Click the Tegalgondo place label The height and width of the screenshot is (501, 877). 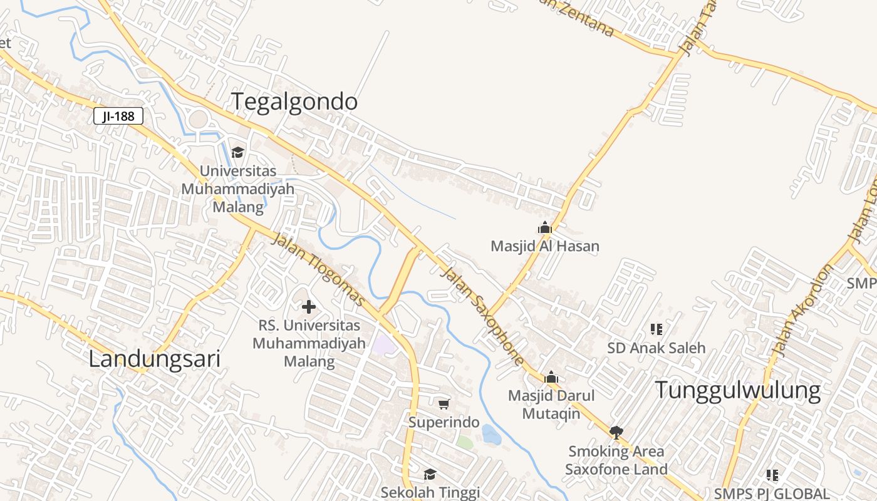295,101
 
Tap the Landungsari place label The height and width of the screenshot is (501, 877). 154,359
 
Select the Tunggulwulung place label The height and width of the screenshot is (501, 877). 737,390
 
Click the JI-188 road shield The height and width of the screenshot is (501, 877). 118,116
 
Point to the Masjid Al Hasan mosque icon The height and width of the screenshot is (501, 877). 545,227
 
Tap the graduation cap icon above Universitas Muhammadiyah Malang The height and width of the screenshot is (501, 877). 237,152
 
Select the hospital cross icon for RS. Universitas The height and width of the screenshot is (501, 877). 309,307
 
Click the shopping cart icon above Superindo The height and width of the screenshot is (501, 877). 444,404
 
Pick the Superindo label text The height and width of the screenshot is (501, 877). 444,422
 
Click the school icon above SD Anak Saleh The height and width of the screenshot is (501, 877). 656,329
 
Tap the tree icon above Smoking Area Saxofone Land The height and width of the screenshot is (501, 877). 616,432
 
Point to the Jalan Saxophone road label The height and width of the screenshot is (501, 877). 482,316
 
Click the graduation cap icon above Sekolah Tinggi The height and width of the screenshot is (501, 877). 430,474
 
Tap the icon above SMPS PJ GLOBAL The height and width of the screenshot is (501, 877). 772,475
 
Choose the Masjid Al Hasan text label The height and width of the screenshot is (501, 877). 545,246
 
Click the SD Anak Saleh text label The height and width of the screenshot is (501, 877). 656,348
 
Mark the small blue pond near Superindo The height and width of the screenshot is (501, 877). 490,435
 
